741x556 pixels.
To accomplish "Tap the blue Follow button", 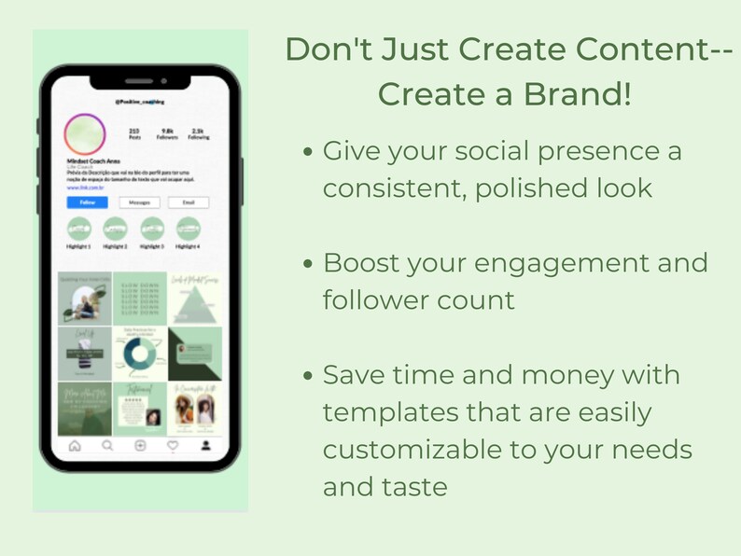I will click(87, 202).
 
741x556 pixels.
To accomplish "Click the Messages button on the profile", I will click(139, 202).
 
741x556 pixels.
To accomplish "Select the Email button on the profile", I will click(189, 202).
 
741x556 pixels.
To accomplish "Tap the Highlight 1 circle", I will click(79, 229).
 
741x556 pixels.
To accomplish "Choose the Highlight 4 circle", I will click(189, 229).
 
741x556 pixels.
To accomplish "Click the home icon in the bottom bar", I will click(76, 446).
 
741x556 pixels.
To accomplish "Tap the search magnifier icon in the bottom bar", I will click(107, 446).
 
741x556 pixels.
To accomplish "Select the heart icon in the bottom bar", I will click(173, 446).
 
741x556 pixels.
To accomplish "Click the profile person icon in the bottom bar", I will click(205, 446).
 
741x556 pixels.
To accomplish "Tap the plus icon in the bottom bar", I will click(140, 446).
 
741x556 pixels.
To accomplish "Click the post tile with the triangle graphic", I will click(194, 298).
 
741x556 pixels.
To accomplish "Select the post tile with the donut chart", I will click(139, 353).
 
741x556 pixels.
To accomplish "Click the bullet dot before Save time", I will click(309, 376).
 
